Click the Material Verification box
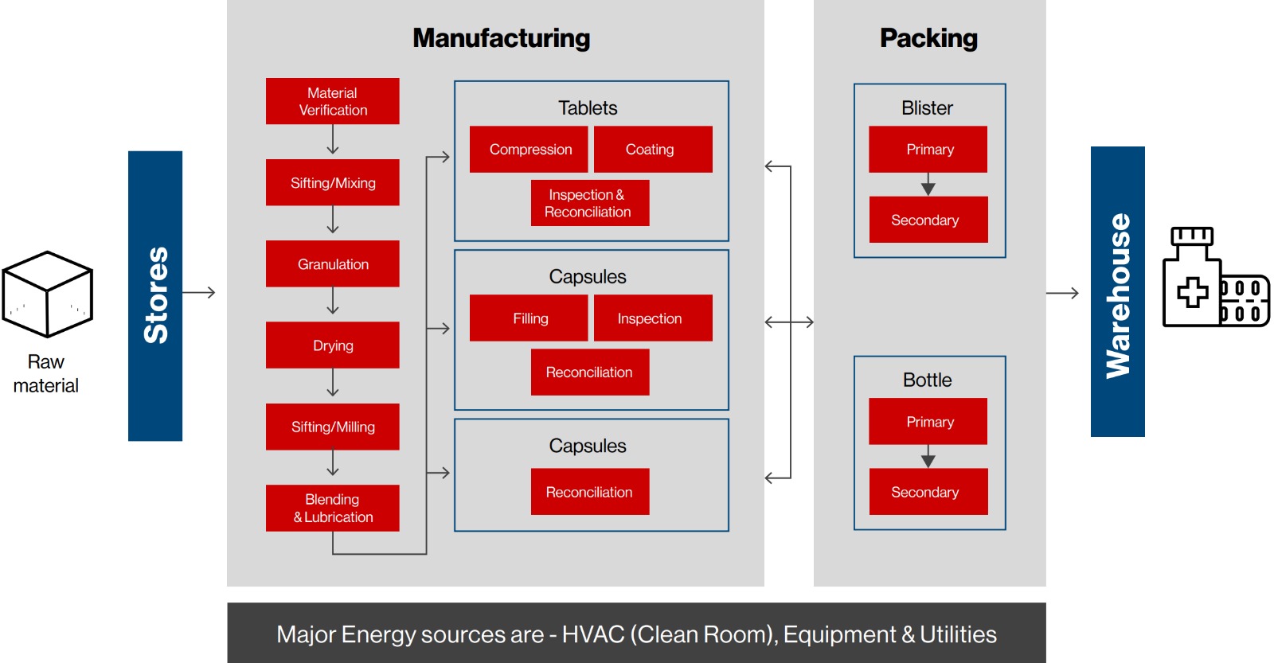click(332, 101)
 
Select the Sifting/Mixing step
click(332, 182)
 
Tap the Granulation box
click(332, 263)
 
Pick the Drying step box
click(332, 345)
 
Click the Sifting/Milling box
click(332, 427)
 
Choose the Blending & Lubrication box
click(332, 508)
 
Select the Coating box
click(653, 149)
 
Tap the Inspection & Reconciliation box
click(590, 203)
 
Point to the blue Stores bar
click(155, 295)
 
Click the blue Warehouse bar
click(1118, 291)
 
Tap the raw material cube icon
click(47, 294)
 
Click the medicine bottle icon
click(1191, 277)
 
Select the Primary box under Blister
click(928, 149)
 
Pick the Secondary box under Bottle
click(928, 492)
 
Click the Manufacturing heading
click(501, 38)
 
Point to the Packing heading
click(928, 38)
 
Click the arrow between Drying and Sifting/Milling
click(333, 382)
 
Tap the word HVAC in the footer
click(592, 634)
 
